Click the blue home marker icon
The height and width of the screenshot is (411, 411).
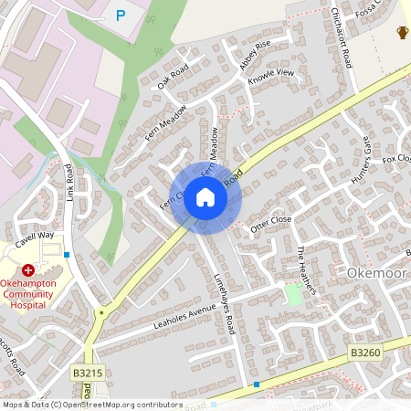click(205, 196)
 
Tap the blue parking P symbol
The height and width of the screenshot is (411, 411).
click(121, 15)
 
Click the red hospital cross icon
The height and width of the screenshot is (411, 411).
click(27, 270)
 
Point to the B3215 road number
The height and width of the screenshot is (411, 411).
click(88, 374)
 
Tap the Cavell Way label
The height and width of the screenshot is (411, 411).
click(34, 240)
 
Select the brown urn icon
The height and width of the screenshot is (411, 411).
click(402, 34)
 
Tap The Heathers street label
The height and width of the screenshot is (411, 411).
click(305, 269)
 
